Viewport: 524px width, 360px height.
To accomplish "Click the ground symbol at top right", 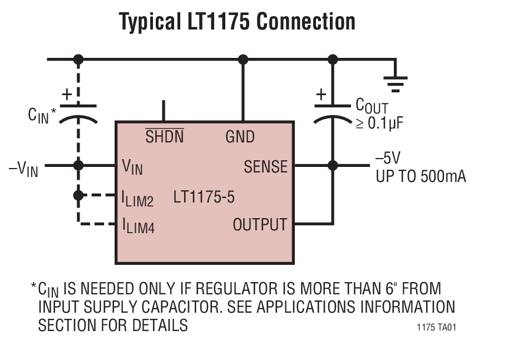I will point(396,82).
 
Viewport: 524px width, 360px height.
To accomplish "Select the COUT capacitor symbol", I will point(332,112).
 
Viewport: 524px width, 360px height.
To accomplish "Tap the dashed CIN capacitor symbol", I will point(78,112).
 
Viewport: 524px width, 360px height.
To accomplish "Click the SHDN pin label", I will point(164,136).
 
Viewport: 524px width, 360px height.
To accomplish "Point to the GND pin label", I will point(240,136).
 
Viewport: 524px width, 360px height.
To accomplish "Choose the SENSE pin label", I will point(265,166).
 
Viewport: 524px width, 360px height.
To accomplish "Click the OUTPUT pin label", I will point(260,225).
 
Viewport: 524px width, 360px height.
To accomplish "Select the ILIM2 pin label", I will point(137,198).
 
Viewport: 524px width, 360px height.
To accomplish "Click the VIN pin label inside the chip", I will point(132,166).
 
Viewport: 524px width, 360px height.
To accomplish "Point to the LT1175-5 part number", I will point(204,197).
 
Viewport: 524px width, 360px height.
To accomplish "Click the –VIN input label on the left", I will point(23,168).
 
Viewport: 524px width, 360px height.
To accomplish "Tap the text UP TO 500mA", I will point(421,177).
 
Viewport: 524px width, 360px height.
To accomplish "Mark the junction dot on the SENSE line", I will point(333,165).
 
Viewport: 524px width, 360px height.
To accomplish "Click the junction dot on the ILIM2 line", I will point(78,195).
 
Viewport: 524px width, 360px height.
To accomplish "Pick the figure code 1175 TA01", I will point(437,328).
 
